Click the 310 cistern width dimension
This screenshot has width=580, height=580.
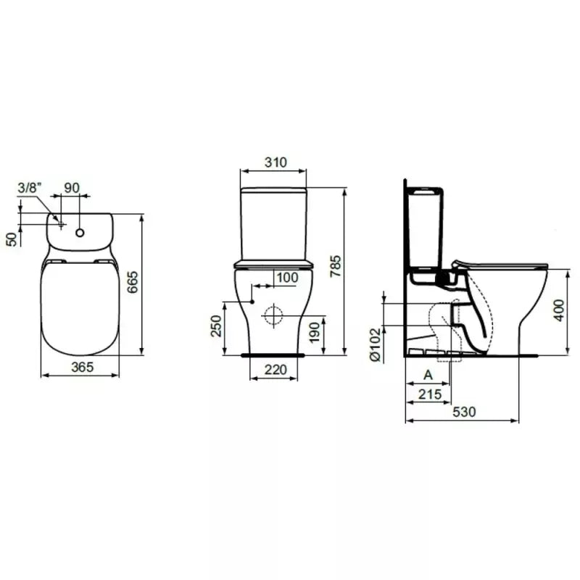[x=275, y=162]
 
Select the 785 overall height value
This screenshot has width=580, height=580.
[x=336, y=266]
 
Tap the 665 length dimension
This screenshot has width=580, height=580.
[x=133, y=282]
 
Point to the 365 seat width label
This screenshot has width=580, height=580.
[x=83, y=367]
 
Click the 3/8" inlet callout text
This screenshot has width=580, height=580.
[x=30, y=188]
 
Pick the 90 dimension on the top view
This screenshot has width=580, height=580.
[x=72, y=188]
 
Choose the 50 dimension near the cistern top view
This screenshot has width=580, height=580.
[x=12, y=239]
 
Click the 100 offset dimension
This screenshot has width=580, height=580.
[x=287, y=277]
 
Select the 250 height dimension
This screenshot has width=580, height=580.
[x=215, y=326]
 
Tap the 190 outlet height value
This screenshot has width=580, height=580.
[x=314, y=332]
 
